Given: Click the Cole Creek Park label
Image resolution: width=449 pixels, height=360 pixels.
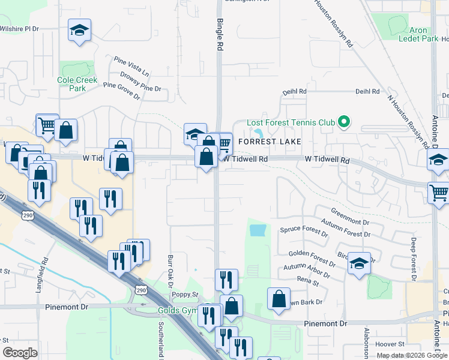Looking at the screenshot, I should [72, 84].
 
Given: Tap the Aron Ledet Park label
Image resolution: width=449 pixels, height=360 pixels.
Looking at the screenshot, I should [418, 34].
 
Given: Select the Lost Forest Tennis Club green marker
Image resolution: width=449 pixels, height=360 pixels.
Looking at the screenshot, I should [343, 122].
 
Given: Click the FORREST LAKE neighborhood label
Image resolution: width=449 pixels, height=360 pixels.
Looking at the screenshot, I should [269, 142].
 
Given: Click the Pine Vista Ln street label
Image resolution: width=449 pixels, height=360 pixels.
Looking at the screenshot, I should [132, 66].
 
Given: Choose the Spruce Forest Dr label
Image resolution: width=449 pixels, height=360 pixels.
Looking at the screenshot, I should [304, 229].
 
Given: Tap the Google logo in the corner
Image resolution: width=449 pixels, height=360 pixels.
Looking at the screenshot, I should [20, 353].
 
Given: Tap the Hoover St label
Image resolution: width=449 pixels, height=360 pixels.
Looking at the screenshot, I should [390, 344].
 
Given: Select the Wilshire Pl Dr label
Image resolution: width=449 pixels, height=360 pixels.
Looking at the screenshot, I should [19, 28].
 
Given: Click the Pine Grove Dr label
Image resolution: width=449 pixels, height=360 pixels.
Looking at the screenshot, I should [121, 91].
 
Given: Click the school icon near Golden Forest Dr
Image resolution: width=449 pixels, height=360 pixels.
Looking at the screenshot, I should [359, 264].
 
